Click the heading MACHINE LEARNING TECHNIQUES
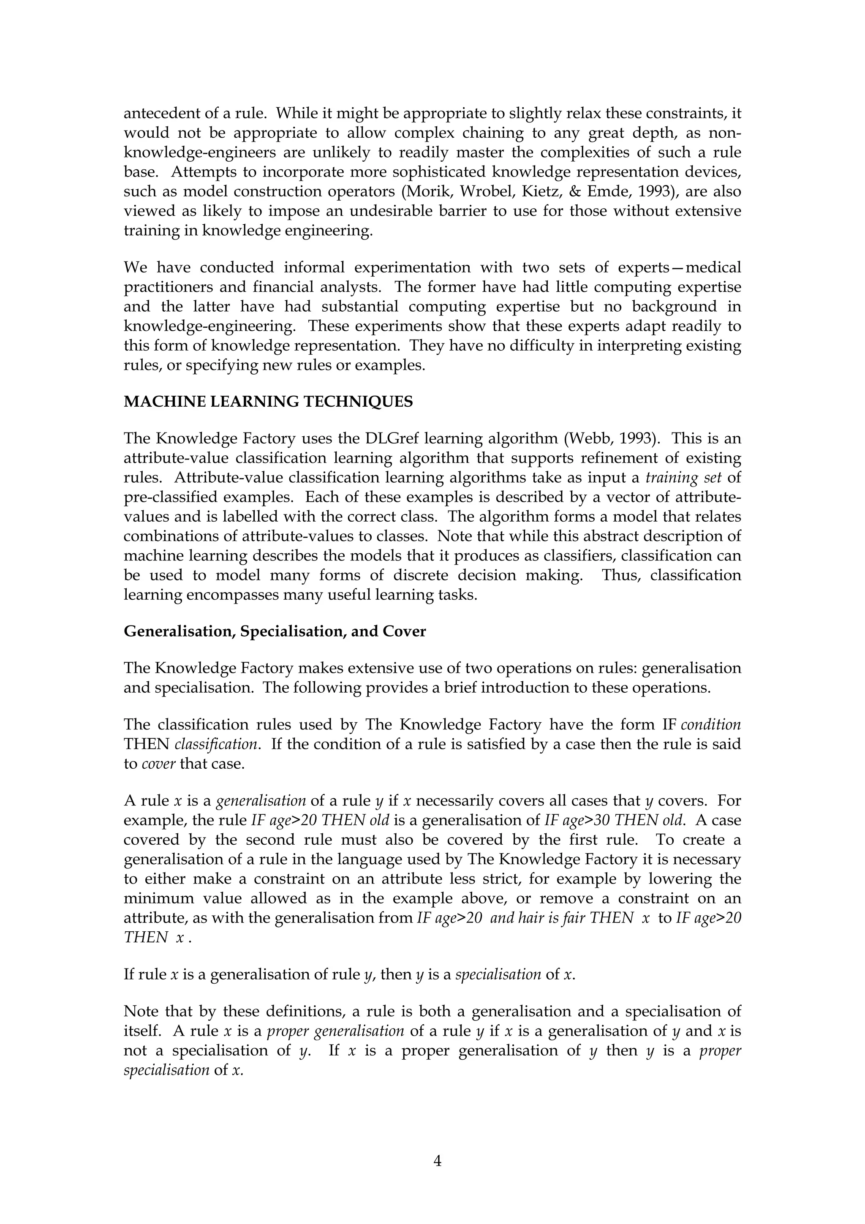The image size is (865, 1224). click(268, 401)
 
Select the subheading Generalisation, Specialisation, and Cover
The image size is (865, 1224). click(275, 631)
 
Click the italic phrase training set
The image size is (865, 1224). click(683, 477)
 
